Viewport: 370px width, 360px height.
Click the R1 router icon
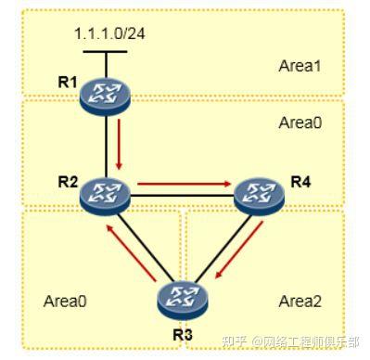(x=105, y=94)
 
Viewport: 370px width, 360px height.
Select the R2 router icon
(x=105, y=194)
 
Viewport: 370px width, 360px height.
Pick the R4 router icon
(x=257, y=194)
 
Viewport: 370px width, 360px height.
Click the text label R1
(x=67, y=82)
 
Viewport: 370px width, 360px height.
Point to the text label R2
(x=67, y=181)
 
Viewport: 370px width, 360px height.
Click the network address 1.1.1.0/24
(x=108, y=33)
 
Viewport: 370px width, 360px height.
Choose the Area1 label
(x=300, y=66)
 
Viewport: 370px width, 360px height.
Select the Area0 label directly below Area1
(x=300, y=122)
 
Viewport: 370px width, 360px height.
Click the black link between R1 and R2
(x=104, y=144)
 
